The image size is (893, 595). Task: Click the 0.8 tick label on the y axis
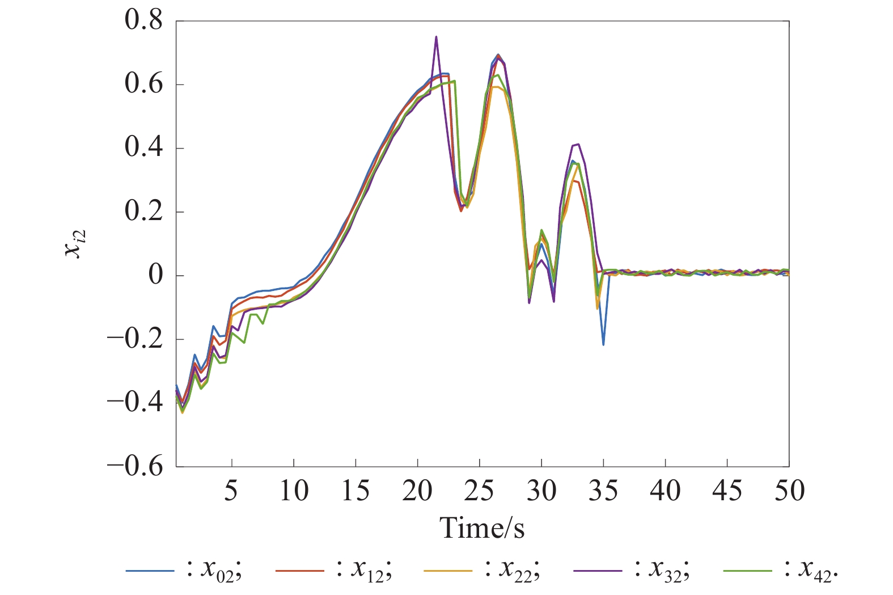[x=143, y=21]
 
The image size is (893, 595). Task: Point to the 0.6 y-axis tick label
[x=143, y=85]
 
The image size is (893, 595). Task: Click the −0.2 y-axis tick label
[x=135, y=339]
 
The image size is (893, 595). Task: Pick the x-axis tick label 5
[x=231, y=491]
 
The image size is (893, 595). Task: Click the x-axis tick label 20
[x=417, y=491]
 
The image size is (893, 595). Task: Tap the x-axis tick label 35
[x=603, y=491]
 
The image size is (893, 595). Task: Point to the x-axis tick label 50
[x=789, y=491]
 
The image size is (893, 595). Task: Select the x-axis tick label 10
[x=294, y=491]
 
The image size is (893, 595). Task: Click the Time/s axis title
[x=482, y=528]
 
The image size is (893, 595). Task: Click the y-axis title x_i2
[x=75, y=244]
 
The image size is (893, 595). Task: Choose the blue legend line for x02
[x=150, y=570]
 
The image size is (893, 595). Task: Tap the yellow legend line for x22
[x=448, y=570]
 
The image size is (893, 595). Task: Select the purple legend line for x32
[x=598, y=570]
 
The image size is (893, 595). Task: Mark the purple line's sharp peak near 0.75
[x=436, y=37]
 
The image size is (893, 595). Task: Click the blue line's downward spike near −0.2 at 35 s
[x=603, y=344]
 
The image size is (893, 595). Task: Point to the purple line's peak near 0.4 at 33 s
[x=578, y=144]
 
